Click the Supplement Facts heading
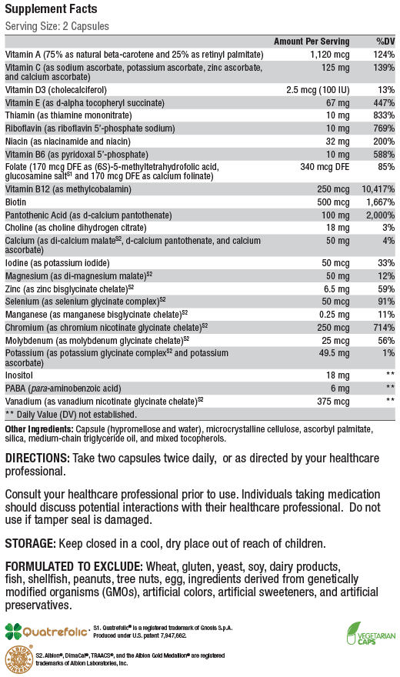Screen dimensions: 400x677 (51, 8)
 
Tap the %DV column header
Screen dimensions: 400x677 (385, 42)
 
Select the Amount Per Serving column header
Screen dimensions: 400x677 (312, 42)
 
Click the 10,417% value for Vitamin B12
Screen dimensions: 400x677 (378, 189)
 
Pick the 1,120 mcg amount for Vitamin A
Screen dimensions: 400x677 (330, 55)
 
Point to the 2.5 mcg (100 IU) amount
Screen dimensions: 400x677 (318, 90)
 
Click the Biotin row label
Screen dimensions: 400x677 (15, 202)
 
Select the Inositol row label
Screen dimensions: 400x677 (19, 375)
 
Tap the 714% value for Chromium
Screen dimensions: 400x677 (384, 327)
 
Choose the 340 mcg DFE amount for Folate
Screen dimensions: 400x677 (325, 167)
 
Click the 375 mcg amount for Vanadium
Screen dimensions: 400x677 (333, 402)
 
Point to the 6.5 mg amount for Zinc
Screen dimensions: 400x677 (337, 288)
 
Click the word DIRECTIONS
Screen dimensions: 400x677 (37, 458)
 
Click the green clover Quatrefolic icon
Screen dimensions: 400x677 (13, 632)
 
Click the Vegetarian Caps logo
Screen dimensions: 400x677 (371, 633)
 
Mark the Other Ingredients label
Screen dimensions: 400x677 (39, 429)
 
